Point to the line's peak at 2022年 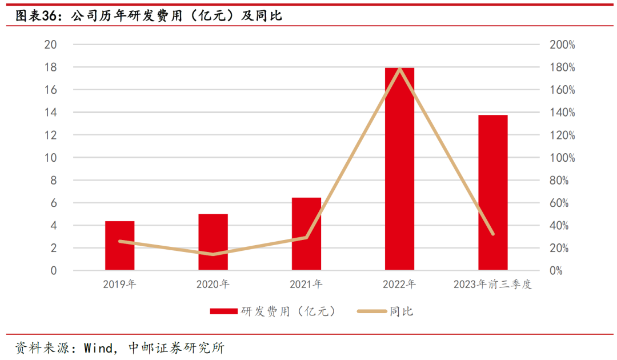pos(399,69)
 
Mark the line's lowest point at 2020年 pos(213,254)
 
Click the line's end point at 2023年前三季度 pos(492,234)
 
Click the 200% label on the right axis pos(563,45)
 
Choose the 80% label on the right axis pos(559,181)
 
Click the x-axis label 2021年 pos(306,284)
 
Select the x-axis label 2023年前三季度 pos(492,284)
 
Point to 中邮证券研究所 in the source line pos(177,347)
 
